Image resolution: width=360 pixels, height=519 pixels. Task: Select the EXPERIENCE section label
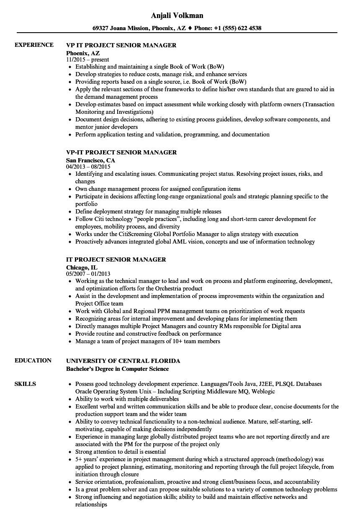pos(34,45)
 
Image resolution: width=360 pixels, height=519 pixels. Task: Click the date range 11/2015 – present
pos(87,59)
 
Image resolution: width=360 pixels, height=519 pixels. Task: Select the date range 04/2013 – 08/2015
pos(88,167)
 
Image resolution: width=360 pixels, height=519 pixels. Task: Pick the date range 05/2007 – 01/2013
pos(88,274)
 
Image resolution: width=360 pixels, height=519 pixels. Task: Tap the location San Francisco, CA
pos(90,160)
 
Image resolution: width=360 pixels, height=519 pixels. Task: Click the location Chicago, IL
pos(82,267)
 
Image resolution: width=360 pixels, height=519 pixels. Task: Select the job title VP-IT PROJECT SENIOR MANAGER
pos(121,152)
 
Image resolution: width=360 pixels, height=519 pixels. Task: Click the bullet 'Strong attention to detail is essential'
pos(121,452)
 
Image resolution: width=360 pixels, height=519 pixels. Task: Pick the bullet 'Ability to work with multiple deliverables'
pos(127,399)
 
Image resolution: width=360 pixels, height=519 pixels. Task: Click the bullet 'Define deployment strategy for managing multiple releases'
pos(148,211)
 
